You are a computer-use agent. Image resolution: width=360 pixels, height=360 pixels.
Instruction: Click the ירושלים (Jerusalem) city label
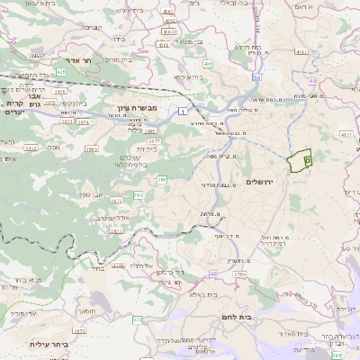coord(263,182)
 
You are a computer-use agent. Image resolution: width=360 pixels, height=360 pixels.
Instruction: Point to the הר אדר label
coord(93,60)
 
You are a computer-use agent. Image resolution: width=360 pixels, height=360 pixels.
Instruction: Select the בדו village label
coord(118,40)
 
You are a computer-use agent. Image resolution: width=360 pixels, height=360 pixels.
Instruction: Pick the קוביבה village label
coord(91,27)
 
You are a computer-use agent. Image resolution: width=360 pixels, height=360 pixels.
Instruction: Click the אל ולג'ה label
coord(143,266)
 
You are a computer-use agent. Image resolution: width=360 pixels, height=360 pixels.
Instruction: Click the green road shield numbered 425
coord(60,70)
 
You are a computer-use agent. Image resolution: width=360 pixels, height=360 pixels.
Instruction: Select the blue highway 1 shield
coord(183,111)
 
